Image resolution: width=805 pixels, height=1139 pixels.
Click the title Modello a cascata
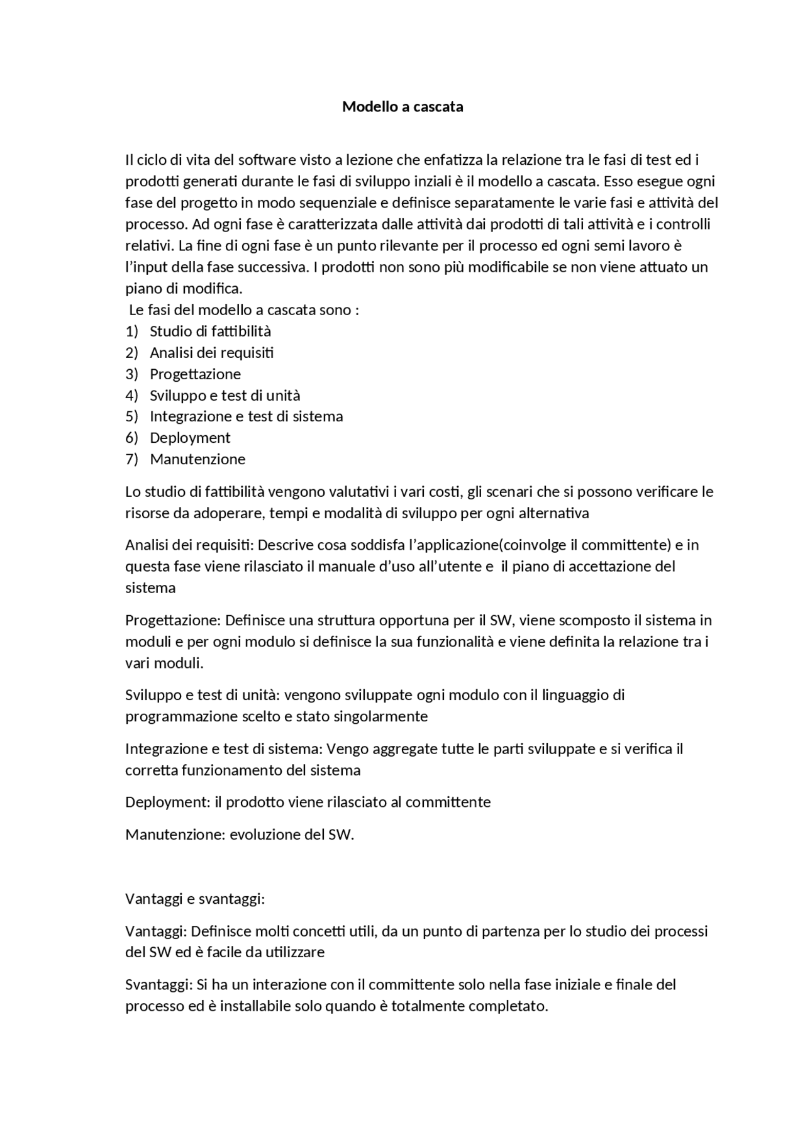(402, 107)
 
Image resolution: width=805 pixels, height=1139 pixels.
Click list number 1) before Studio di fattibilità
(131, 331)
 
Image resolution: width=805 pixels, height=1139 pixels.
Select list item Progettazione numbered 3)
(195, 374)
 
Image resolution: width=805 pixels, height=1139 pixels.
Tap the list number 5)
(131, 416)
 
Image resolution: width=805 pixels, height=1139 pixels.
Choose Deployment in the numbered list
(190, 438)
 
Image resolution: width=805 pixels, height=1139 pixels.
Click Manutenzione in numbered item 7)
(197, 459)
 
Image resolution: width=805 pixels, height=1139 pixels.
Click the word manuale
(345, 567)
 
